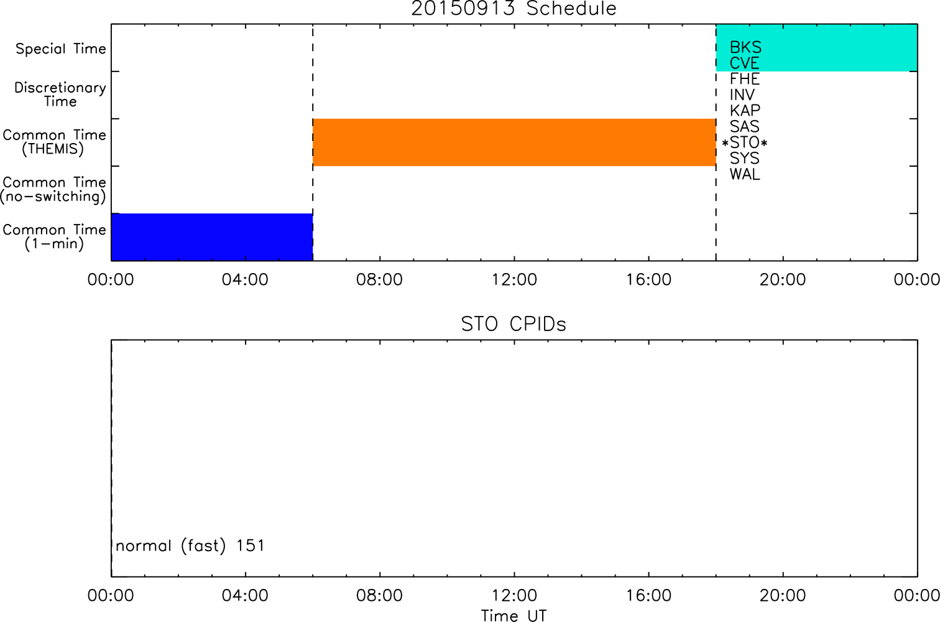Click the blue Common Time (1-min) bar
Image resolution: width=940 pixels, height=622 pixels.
[212, 237]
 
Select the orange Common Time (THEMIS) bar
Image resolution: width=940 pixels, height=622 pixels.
[514, 142]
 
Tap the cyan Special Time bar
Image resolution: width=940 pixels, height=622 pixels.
[817, 47]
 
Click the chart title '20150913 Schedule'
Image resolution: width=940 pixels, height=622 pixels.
[514, 9]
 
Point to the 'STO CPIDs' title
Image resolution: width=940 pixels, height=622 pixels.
[514, 324]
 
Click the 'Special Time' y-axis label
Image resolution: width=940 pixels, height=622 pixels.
[61, 49]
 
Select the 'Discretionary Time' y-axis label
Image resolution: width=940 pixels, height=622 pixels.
[60, 95]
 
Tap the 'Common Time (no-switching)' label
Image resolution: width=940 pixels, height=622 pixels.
[53, 190]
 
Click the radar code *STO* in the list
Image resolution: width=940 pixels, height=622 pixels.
[745, 143]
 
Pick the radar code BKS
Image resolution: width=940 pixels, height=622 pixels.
[745, 47]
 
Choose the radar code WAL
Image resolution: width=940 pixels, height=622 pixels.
[745, 174]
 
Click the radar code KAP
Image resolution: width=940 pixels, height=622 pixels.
[745, 111]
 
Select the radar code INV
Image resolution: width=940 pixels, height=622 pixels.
[742, 95]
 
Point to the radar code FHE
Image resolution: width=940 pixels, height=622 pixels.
[745, 79]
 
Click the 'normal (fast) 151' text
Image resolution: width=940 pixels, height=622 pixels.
[190, 545]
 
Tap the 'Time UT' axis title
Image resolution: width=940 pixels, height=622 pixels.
[514, 615]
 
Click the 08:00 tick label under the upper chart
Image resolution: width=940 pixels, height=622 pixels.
[379, 280]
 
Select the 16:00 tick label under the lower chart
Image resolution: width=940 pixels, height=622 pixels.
[649, 595]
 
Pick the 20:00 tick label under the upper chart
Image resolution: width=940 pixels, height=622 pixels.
[783, 280]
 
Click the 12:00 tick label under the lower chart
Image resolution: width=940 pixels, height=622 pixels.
[514, 595]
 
